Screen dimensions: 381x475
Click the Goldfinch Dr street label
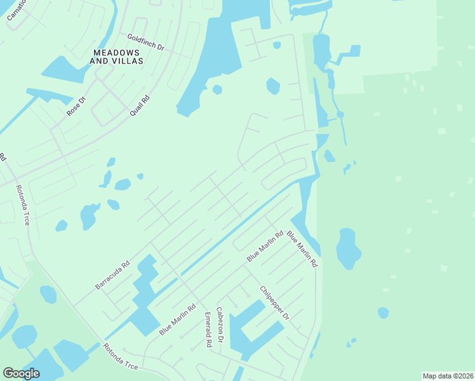pos(145,43)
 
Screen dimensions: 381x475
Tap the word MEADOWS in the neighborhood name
pos(117,52)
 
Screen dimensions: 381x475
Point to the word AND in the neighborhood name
pos(100,61)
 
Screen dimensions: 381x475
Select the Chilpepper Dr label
pos(274,302)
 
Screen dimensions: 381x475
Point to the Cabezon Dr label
pos(220,326)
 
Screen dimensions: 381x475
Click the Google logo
pos(21,373)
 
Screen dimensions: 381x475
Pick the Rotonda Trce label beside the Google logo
pos(120,358)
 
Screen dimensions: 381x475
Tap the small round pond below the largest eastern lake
pos(383,312)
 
